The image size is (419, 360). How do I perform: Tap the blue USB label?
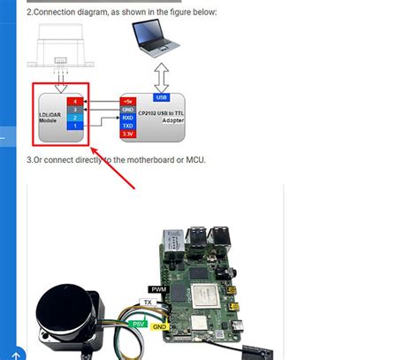(161, 97)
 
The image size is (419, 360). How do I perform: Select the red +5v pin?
(128, 101)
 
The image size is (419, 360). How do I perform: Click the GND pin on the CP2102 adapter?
(128, 109)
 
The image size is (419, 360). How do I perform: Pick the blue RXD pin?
(128, 118)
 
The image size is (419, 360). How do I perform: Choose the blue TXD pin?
(128, 126)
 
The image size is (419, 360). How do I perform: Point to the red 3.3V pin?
(128, 134)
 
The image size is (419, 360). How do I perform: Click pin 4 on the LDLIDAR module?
(75, 102)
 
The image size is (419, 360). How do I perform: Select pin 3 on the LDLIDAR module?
(75, 110)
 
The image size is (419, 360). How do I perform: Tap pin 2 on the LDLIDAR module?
(75, 118)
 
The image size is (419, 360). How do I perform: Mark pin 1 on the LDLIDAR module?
(75, 126)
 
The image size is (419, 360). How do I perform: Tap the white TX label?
(149, 302)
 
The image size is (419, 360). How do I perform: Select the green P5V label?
(139, 325)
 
